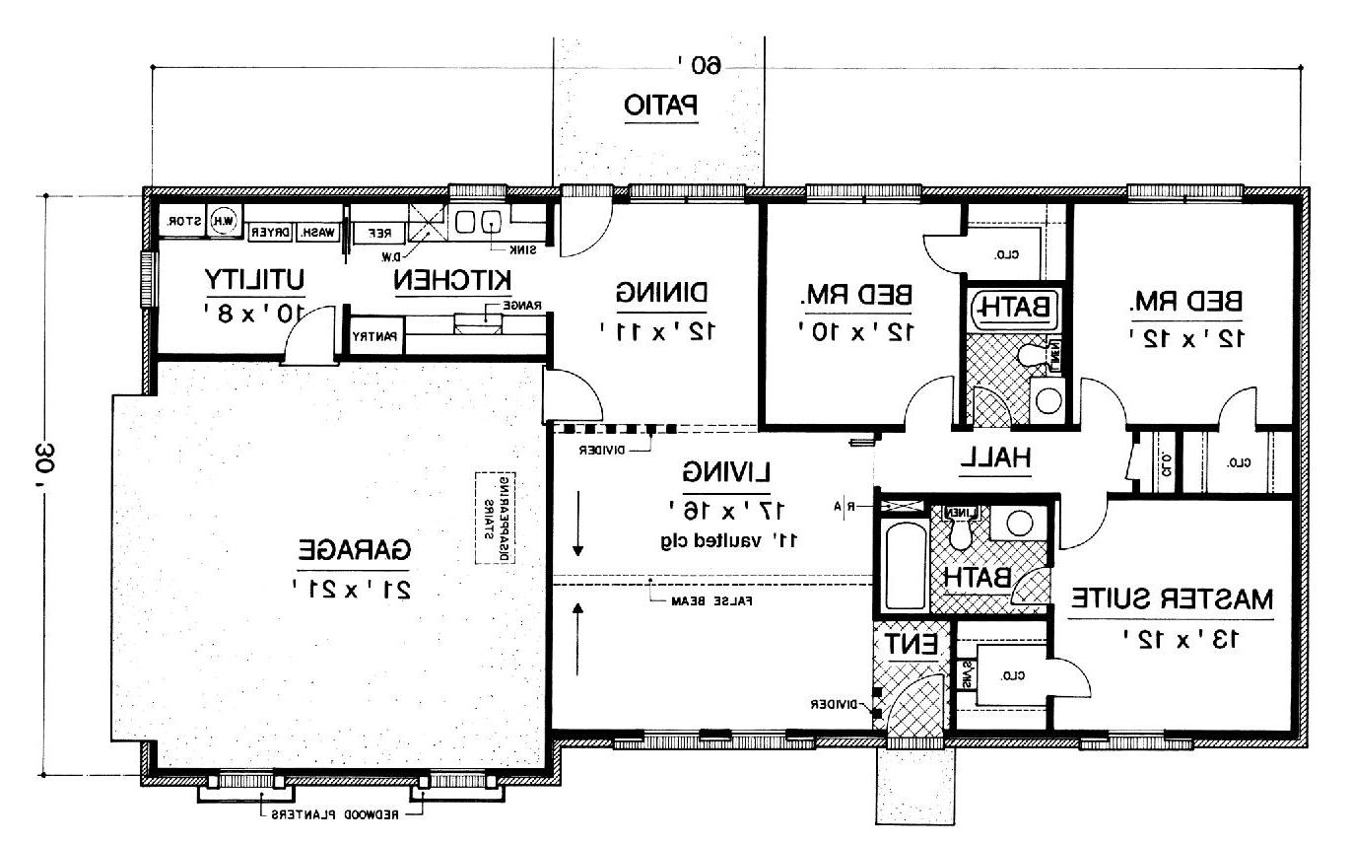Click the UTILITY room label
(253, 279)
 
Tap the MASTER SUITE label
(1172, 598)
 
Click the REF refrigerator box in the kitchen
(378, 234)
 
